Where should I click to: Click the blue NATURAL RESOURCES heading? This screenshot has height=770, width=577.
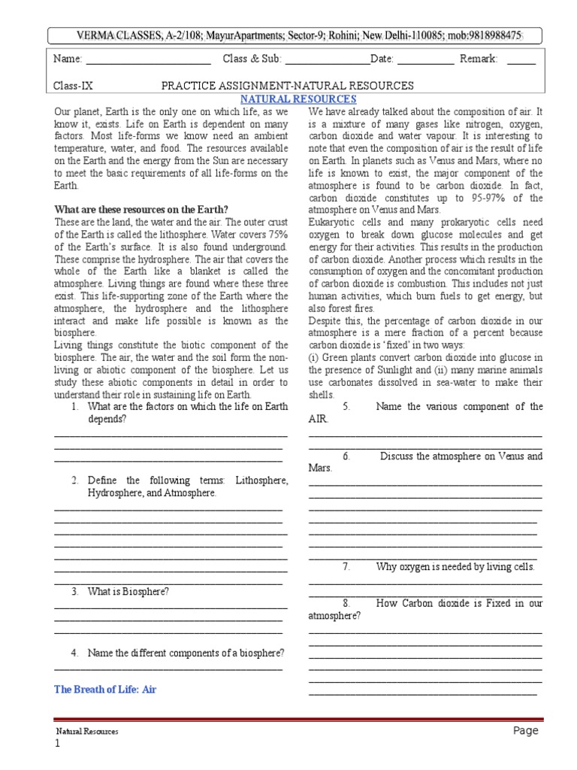point(298,99)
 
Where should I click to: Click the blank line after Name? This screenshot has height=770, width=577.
point(149,60)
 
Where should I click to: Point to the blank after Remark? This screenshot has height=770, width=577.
point(521,60)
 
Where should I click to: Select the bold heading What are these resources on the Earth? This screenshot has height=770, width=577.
point(142,209)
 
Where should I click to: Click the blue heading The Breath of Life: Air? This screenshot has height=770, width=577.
point(105,689)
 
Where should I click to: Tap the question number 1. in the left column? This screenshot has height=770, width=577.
point(76,407)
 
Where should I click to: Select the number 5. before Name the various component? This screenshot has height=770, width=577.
point(347,407)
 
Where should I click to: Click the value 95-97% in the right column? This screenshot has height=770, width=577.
point(489,198)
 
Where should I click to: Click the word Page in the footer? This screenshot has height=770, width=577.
point(526,731)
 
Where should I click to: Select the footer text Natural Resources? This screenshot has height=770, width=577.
point(87,732)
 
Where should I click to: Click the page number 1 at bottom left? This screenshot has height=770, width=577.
point(56,744)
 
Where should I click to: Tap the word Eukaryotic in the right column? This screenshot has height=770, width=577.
point(332,222)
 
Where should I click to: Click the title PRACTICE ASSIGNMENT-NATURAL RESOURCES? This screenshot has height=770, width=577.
point(288,86)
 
